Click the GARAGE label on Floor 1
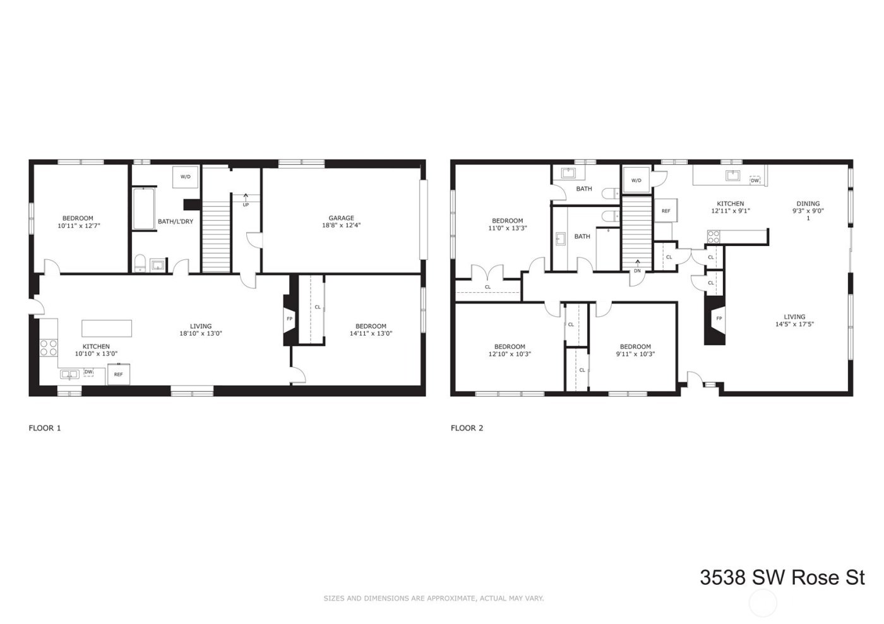pyautogui.click(x=341, y=218)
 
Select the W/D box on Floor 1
pyautogui.click(x=186, y=177)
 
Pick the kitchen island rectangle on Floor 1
pyautogui.click(x=107, y=329)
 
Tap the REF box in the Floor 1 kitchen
pyautogui.click(x=118, y=374)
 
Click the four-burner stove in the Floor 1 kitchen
pyautogui.click(x=49, y=348)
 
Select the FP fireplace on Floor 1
pyautogui.click(x=290, y=319)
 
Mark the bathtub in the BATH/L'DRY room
pyautogui.click(x=144, y=209)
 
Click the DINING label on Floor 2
pyautogui.click(x=808, y=204)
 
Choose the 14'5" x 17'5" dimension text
pyautogui.click(x=794, y=324)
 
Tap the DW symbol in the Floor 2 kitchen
pyautogui.click(x=755, y=180)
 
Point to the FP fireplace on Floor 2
pyautogui.click(x=718, y=319)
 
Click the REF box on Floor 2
pyautogui.click(x=666, y=211)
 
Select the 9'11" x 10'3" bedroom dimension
pyautogui.click(x=635, y=354)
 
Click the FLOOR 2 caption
pyautogui.click(x=467, y=428)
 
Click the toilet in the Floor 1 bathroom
pyautogui.click(x=140, y=263)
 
